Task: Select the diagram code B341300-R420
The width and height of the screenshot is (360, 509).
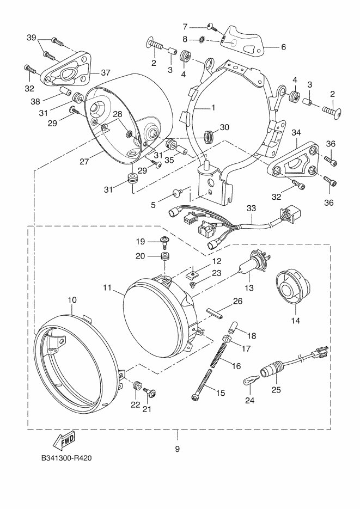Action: pyautogui.click(x=66, y=458)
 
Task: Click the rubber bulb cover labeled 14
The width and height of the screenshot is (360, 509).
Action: pyautogui.click(x=292, y=287)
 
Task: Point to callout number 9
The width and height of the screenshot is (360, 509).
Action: pyautogui.click(x=177, y=449)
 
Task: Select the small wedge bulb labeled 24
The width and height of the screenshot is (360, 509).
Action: pyautogui.click(x=251, y=380)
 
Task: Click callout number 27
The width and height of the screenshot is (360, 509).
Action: pyautogui.click(x=84, y=161)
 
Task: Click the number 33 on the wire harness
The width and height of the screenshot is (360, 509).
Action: pyautogui.click(x=251, y=208)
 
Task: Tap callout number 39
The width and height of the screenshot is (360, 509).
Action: pyautogui.click(x=31, y=38)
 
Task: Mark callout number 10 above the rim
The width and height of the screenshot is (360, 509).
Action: pyautogui.click(x=72, y=300)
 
